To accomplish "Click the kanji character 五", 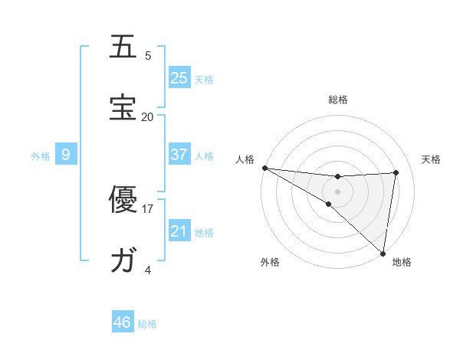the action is coord(123,47).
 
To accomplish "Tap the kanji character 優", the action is coord(123,201).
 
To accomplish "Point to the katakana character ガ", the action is coord(123,261).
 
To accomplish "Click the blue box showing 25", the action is coord(179,78).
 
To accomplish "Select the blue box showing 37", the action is coord(179,155).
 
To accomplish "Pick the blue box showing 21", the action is coord(179,231).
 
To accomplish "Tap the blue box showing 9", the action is coord(66,155).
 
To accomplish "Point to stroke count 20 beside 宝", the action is coord(147,116).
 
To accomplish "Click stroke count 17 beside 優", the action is coord(148,208).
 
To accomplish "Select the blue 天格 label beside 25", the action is coord(204,79).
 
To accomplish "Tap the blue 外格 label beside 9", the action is coord(41,155).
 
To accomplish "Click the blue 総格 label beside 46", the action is coord(147,323).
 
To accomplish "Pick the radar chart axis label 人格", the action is coord(245,159).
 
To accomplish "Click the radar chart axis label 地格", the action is coord(402,262).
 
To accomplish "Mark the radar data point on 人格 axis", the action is coord(264,168).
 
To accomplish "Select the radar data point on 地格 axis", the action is coord(383,253).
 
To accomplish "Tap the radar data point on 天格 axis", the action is coord(396,172).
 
